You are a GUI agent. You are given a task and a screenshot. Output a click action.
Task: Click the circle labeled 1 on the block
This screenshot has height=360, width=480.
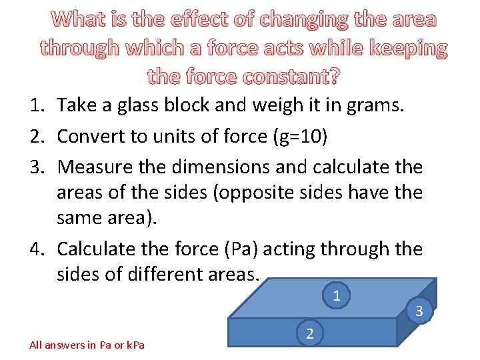coord(337,295)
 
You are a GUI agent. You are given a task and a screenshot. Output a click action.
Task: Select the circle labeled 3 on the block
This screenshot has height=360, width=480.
coord(419,311)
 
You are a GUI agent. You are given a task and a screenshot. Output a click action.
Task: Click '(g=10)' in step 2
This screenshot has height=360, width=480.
coord(304,136)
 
